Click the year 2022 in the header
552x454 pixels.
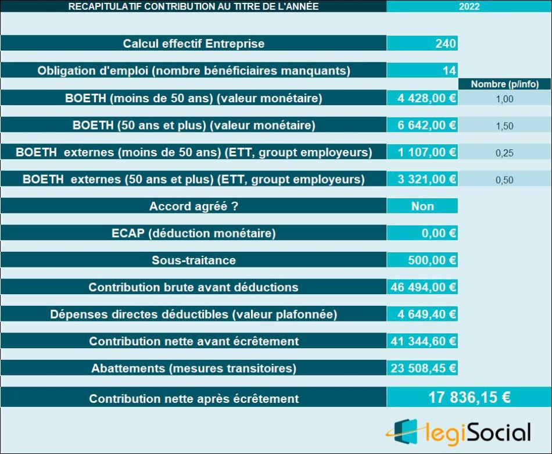coord(469,7)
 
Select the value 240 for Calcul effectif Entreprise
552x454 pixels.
coord(445,44)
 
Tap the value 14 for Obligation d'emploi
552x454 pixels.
coord(449,71)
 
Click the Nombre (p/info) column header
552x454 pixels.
coord(504,84)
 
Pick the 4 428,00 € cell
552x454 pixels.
coord(427,98)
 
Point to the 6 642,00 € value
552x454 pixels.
coord(427,125)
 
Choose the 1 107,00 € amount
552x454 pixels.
coord(427,152)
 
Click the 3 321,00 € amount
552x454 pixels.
coord(427,179)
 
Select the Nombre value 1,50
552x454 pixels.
coord(504,126)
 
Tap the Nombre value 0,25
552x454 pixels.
coord(504,153)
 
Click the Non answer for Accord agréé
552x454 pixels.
coord(422,206)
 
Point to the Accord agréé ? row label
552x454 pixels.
coord(193,206)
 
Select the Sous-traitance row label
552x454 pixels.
coord(193,260)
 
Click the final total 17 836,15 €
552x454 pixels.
coord(469,398)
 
